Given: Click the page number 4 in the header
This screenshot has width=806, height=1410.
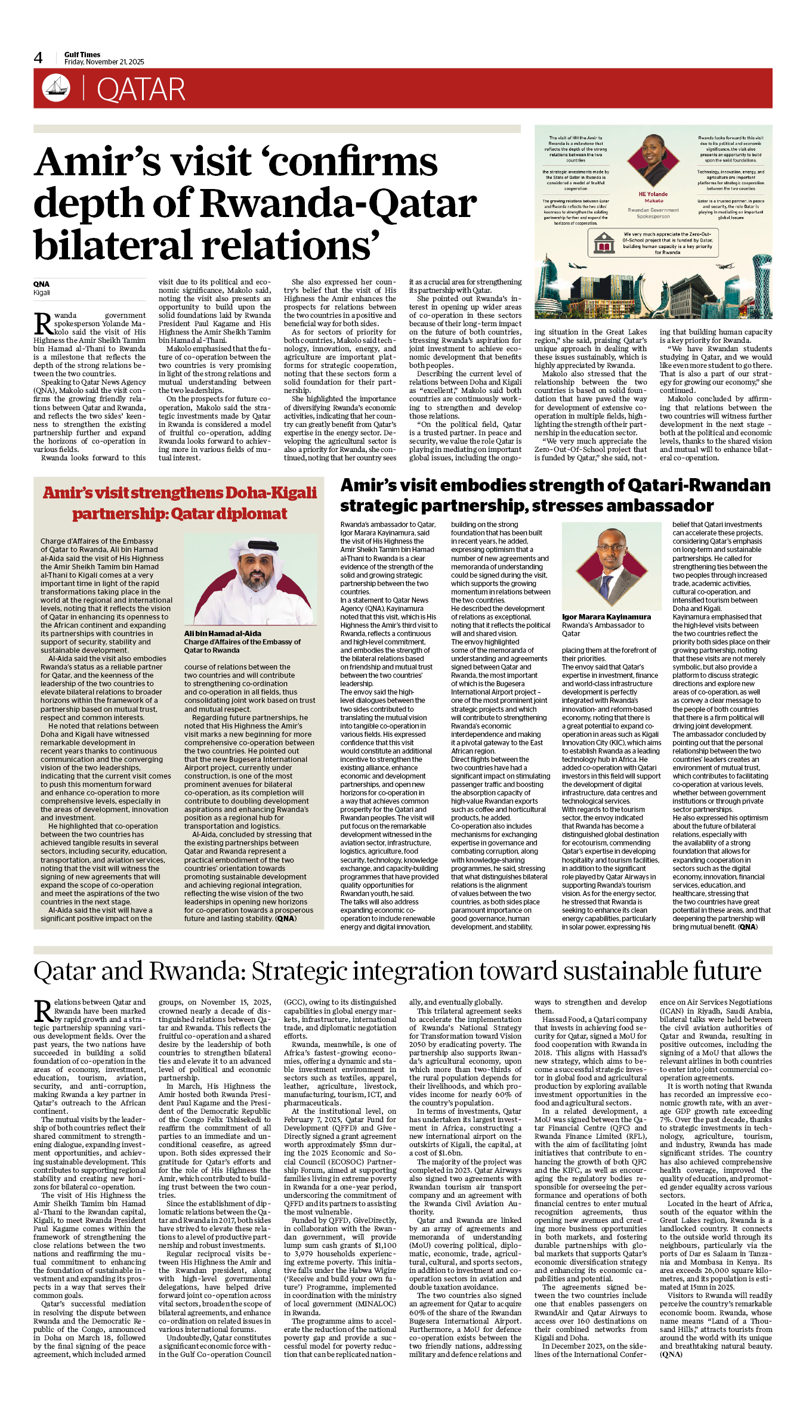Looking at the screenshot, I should (38, 58).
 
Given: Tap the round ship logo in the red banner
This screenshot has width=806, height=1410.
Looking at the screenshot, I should (56, 88).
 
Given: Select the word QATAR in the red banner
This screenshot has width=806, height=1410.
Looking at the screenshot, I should (141, 89).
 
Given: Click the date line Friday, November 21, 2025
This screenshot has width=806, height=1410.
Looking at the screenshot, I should (104, 62).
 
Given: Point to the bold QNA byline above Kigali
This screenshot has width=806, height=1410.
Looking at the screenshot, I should (41, 284).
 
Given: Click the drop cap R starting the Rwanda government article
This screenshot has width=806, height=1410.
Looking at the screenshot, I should (43, 323).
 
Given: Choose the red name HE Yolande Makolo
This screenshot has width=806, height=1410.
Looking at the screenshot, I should (653, 197).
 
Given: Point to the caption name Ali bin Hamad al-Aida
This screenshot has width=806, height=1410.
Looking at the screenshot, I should (223, 633).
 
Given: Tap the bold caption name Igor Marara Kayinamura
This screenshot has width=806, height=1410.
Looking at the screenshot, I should (606, 617).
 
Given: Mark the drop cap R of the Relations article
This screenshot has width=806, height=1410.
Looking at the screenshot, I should (43, 1012).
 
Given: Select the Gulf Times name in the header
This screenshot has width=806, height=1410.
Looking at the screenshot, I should (82, 54).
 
